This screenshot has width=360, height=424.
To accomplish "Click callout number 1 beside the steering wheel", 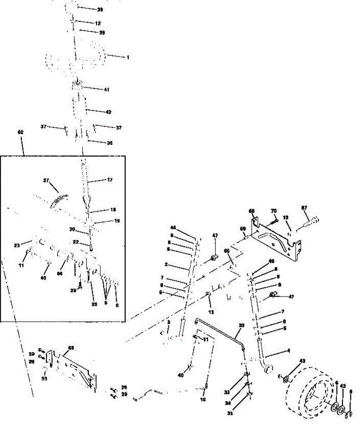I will pyautogui.click(x=128, y=57).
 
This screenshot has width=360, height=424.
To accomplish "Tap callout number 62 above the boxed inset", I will pyautogui.click(x=20, y=132).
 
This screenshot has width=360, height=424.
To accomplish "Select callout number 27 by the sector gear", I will pyautogui.click(x=46, y=180).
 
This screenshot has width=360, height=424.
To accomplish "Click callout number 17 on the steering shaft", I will pyautogui.click(x=109, y=180).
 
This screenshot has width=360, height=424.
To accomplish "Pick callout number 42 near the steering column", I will pyautogui.click(x=108, y=112).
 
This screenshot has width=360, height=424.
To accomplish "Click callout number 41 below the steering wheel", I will pyautogui.click(x=107, y=90).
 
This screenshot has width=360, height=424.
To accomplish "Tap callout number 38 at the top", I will pyautogui.click(x=100, y=10).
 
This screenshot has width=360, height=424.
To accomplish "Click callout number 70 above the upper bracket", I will pyautogui.click(x=273, y=211).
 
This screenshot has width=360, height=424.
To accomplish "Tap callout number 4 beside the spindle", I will pyautogui.click(x=288, y=351).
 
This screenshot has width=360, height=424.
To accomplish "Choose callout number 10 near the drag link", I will pyautogui.click(x=203, y=400).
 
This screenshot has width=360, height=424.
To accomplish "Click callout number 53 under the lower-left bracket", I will pyautogui.click(x=44, y=379).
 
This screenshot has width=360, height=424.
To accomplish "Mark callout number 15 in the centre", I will pyautogui.click(x=211, y=312).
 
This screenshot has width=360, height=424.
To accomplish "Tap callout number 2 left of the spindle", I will pyautogui.click(x=166, y=264).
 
